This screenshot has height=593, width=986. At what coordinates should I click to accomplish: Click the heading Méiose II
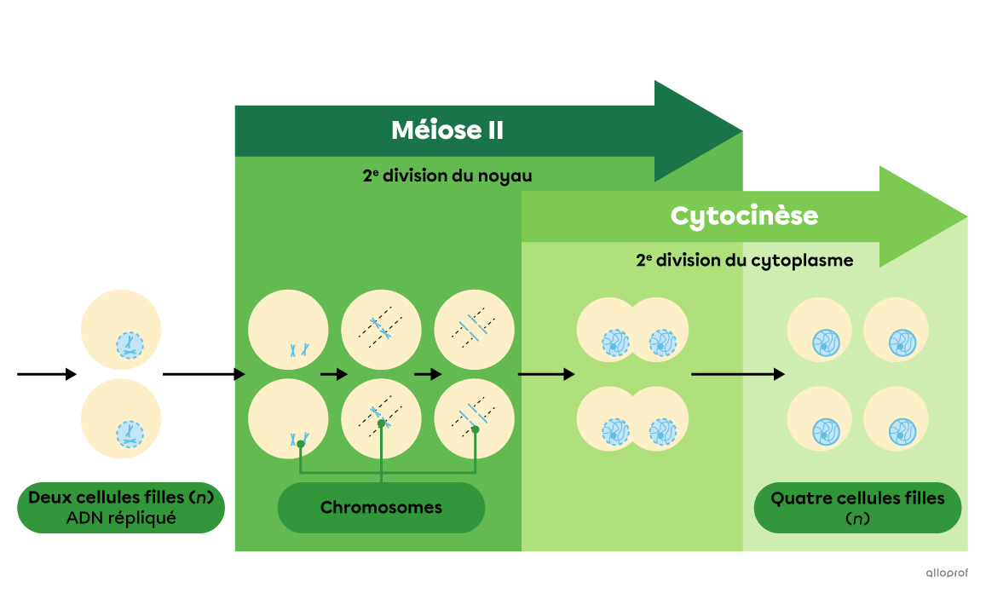pyautogui.click(x=447, y=130)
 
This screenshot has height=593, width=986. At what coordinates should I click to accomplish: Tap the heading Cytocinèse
pyautogui.click(x=743, y=216)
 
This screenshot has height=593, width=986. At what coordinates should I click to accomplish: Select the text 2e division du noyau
pyautogui.click(x=447, y=176)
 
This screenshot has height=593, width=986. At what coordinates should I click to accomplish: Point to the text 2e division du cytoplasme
pyautogui.click(x=743, y=261)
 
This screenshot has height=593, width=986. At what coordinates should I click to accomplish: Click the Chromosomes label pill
pyautogui.click(x=381, y=508)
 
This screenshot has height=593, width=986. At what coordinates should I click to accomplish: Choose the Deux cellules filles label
pyautogui.click(x=120, y=498)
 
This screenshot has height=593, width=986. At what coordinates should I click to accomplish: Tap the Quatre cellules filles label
pyautogui.click(x=857, y=498)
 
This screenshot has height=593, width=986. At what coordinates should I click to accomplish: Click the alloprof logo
pyautogui.click(x=946, y=573)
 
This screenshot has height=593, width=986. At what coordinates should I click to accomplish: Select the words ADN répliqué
pyautogui.click(x=120, y=518)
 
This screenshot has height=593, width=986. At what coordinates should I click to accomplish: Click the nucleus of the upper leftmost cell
pyautogui.click(x=130, y=345)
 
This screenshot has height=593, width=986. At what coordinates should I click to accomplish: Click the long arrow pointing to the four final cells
pyautogui.click(x=737, y=374)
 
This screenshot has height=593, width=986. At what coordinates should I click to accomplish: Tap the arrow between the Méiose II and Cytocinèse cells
pyautogui.click(x=545, y=374)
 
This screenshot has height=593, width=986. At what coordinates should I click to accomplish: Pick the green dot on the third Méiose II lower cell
pyautogui.click(x=476, y=429)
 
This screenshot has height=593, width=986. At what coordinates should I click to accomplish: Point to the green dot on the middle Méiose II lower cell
pyautogui.click(x=381, y=423)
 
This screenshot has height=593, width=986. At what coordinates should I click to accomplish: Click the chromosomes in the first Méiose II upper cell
pyautogui.click(x=298, y=349)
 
